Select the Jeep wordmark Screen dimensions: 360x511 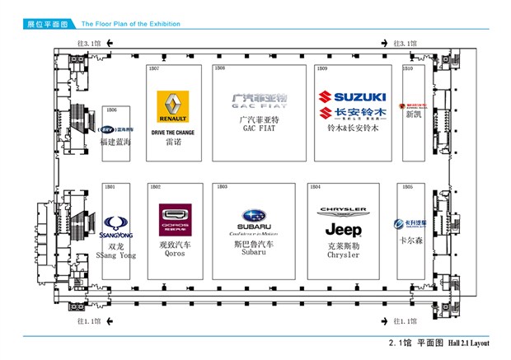click(343, 229)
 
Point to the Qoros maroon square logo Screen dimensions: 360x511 click(175, 220)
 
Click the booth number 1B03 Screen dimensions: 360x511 click(222, 187)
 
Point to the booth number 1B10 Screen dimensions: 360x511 click(408, 68)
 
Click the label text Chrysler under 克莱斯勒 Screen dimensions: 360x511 click(343, 255)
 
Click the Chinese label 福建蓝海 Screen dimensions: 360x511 click(115, 142)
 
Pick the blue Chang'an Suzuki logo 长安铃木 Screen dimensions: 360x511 click(352, 113)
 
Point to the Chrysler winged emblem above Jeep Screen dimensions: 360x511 click(343, 211)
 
